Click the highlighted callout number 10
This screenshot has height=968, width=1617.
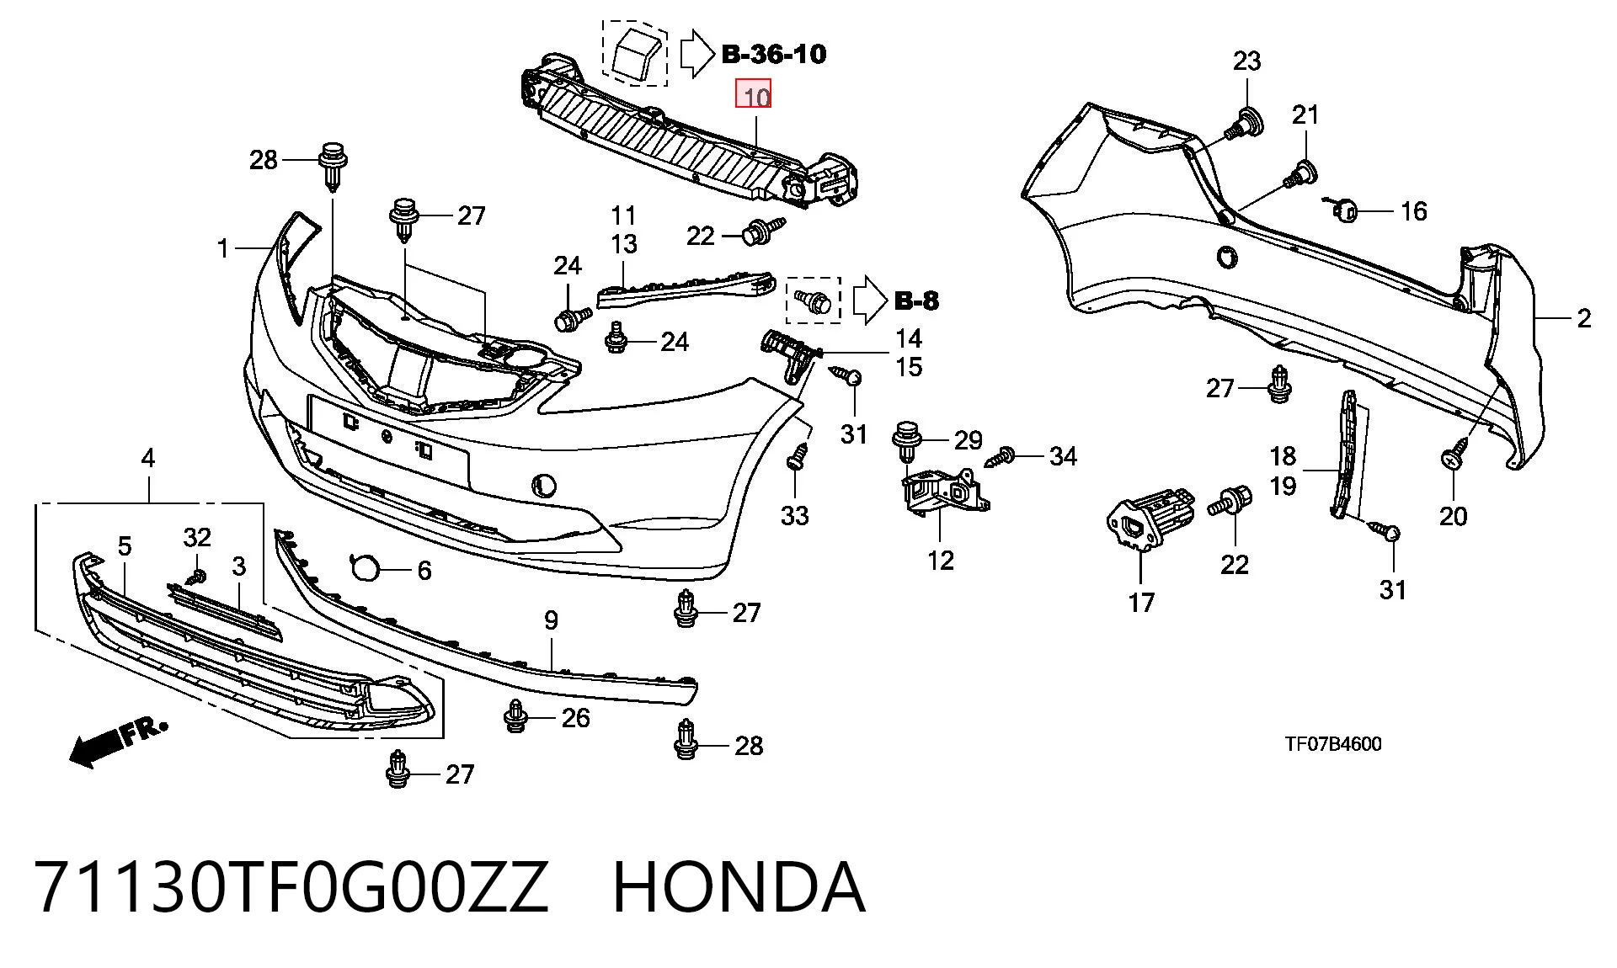[754, 94]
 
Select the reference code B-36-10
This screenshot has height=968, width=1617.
[774, 54]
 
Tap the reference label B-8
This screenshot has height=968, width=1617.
[916, 301]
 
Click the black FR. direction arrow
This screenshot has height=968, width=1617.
[117, 742]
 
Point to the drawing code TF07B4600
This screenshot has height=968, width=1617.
[1333, 744]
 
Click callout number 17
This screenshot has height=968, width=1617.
[1141, 603]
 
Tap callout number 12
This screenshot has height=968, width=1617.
[940, 560]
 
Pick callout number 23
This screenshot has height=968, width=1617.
[1246, 61]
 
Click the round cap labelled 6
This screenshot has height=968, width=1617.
[366, 568]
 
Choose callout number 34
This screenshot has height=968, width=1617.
[1063, 456]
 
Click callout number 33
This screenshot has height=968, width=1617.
[794, 515]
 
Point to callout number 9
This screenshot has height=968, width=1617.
[551, 620]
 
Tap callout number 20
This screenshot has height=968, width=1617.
[1453, 515]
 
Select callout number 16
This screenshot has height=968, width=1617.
[1413, 210]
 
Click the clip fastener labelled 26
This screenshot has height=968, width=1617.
[515, 716]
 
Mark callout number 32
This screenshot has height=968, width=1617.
[197, 537]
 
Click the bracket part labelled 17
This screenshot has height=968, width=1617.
[1150, 521]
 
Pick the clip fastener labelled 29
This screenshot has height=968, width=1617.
[905, 440]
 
